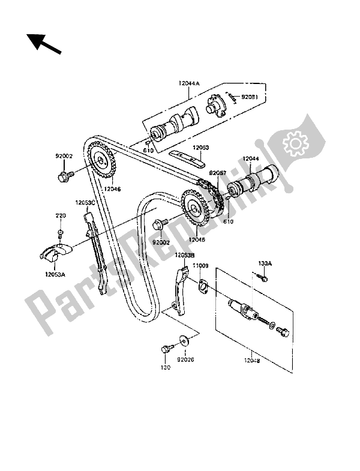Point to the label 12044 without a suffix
251,159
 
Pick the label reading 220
61,215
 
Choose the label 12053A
55,274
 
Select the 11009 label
200,264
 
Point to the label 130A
265,263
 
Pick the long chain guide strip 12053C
97,252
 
